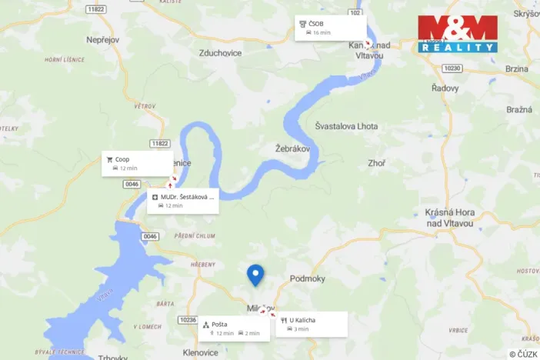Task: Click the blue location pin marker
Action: (255, 275)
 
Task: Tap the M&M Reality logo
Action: (458, 34)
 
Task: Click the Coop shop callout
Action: (137, 163)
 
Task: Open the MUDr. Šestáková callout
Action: (184, 201)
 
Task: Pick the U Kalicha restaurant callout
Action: (312, 324)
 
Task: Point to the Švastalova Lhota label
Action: (347, 125)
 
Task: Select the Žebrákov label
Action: (292, 148)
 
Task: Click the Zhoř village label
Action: (376, 163)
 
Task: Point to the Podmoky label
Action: (308, 279)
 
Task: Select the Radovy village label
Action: (445, 88)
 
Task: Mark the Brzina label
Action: (517, 68)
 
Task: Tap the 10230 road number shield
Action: (452, 68)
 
